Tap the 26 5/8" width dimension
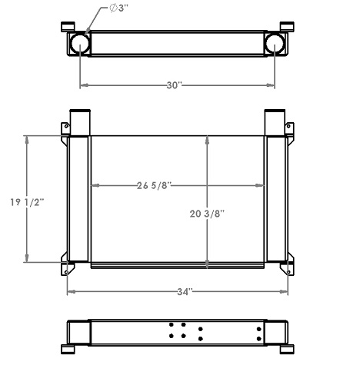click(154, 185)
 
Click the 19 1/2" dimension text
click(27, 202)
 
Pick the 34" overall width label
click(182, 292)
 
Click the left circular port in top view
click(80, 44)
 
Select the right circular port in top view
click(276, 44)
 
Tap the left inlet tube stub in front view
click(80, 121)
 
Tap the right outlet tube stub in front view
click(275, 121)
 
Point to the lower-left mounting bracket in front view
click(67, 265)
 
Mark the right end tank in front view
click(276, 200)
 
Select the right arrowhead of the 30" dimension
click(273, 85)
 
